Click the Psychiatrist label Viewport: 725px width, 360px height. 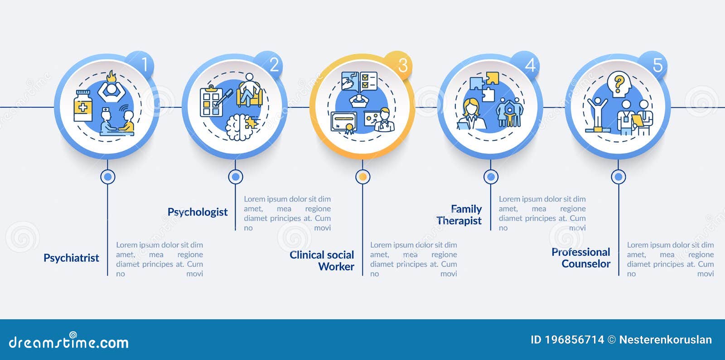coord(71,258)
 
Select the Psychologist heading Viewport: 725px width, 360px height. coord(198,212)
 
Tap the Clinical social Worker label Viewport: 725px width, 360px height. coord(322,261)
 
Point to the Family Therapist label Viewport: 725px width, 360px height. coord(459,215)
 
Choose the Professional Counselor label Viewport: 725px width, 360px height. coord(581,258)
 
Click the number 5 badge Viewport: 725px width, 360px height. coord(654,65)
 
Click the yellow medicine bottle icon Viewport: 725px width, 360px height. coord(83,106)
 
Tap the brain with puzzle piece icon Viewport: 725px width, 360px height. coord(241,127)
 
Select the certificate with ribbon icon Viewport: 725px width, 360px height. coord(344,123)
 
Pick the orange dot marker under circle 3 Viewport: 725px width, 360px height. coord(363,177)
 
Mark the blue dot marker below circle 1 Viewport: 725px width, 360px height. coord(108,177)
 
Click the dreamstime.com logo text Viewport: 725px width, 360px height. coord(68,341)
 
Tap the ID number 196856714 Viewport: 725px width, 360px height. coord(574,340)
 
